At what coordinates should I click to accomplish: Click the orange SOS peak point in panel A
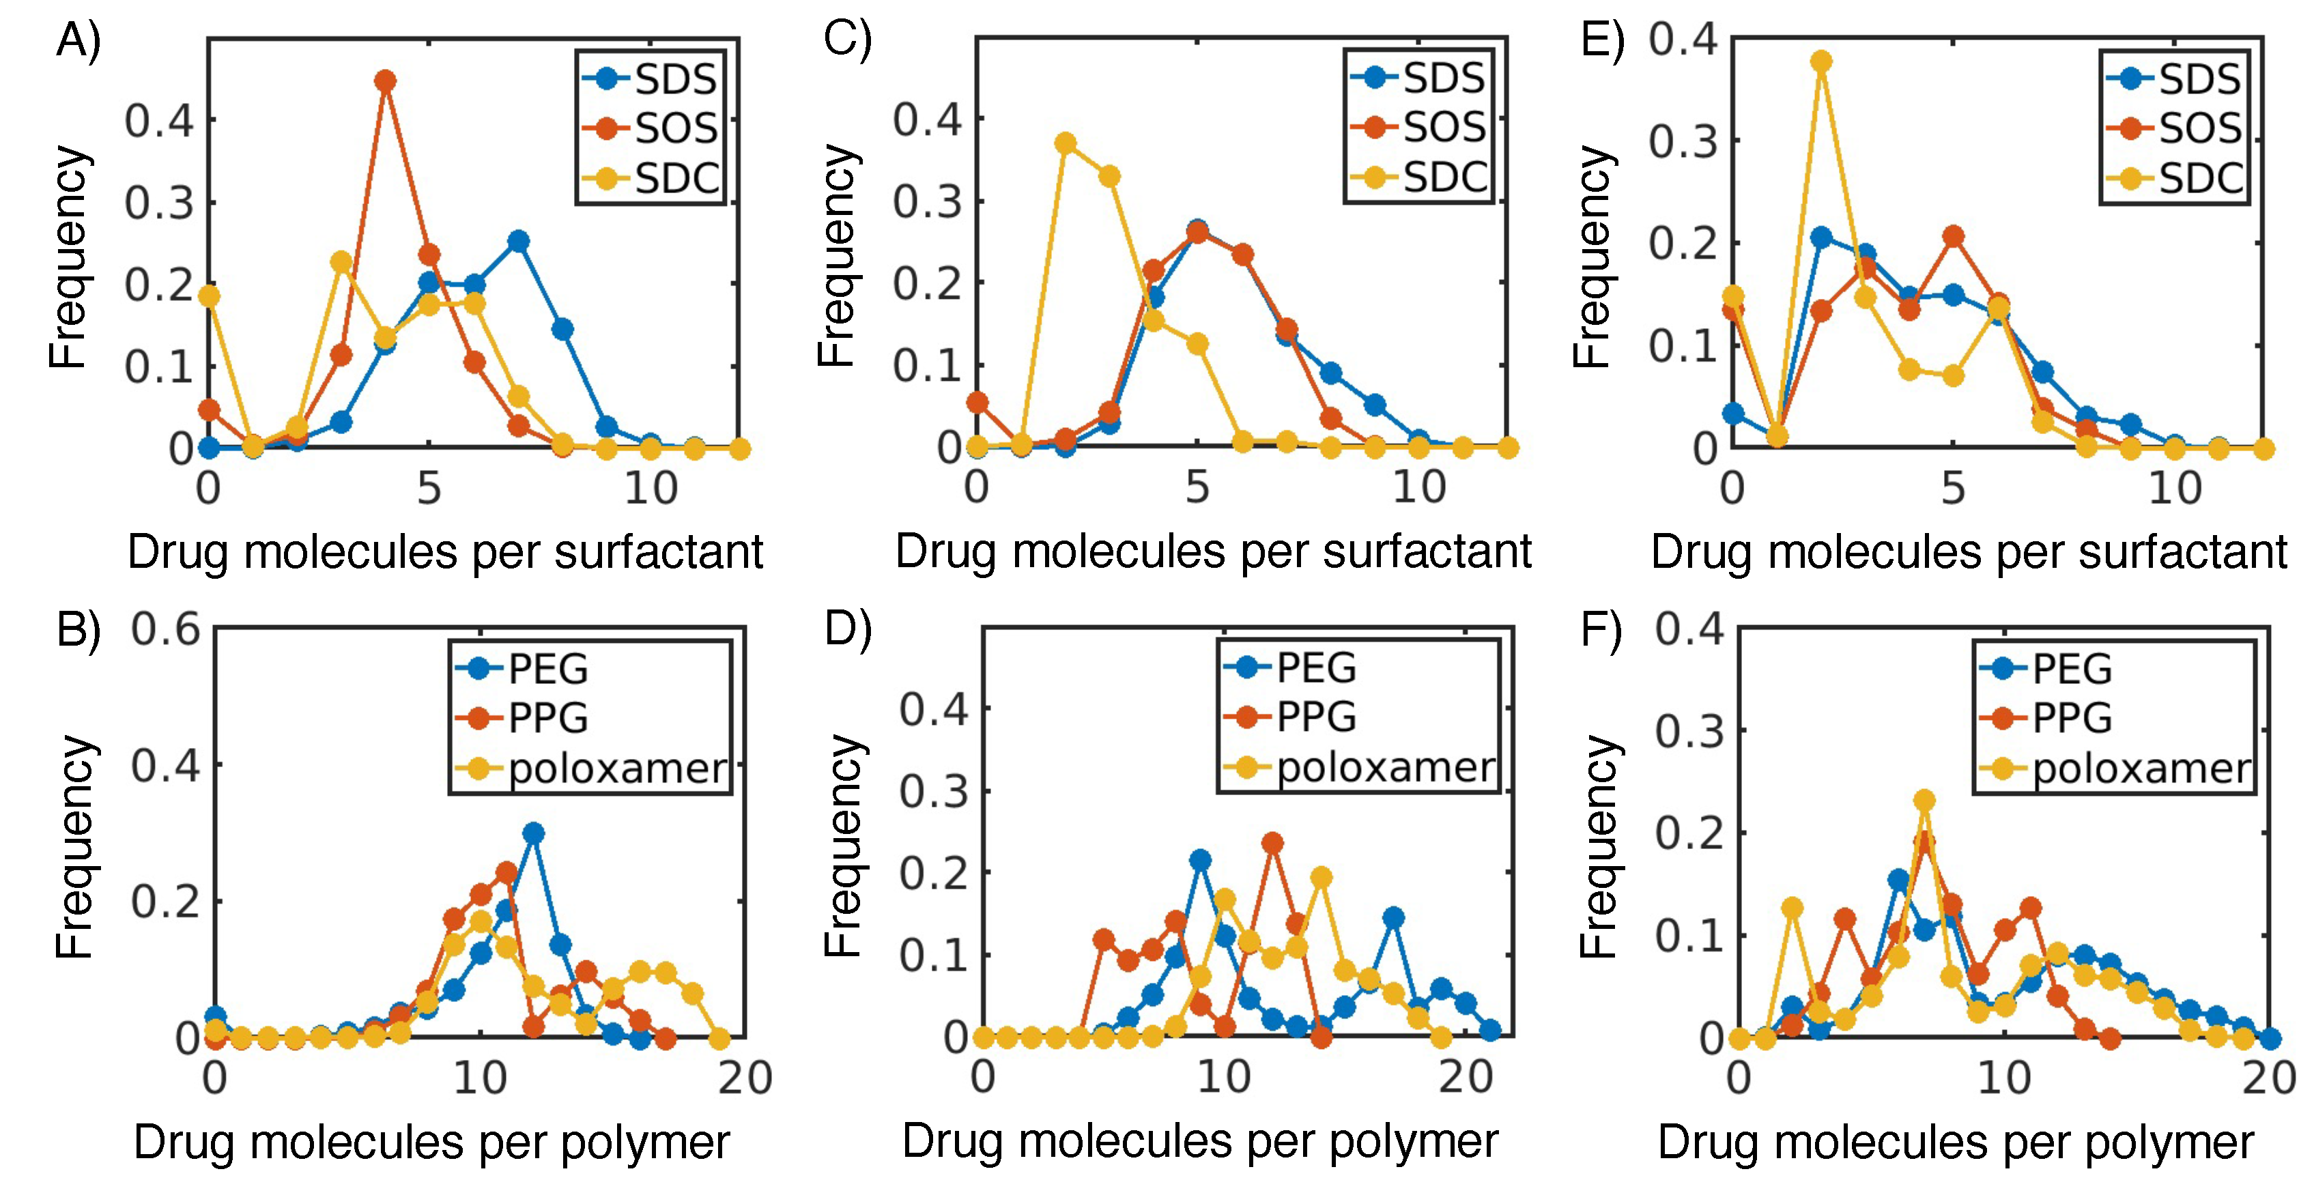click(386, 81)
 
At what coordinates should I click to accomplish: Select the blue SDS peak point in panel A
click(518, 241)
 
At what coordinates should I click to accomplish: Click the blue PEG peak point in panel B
click(534, 833)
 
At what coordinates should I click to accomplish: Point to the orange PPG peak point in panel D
click(1272, 843)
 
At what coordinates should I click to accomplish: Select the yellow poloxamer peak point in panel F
click(1924, 799)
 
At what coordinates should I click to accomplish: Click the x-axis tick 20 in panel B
click(745, 1077)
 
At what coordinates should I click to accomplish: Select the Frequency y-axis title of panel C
click(836, 256)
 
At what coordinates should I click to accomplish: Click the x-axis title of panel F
click(1956, 1142)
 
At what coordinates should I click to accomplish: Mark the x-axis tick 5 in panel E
click(1953, 488)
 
